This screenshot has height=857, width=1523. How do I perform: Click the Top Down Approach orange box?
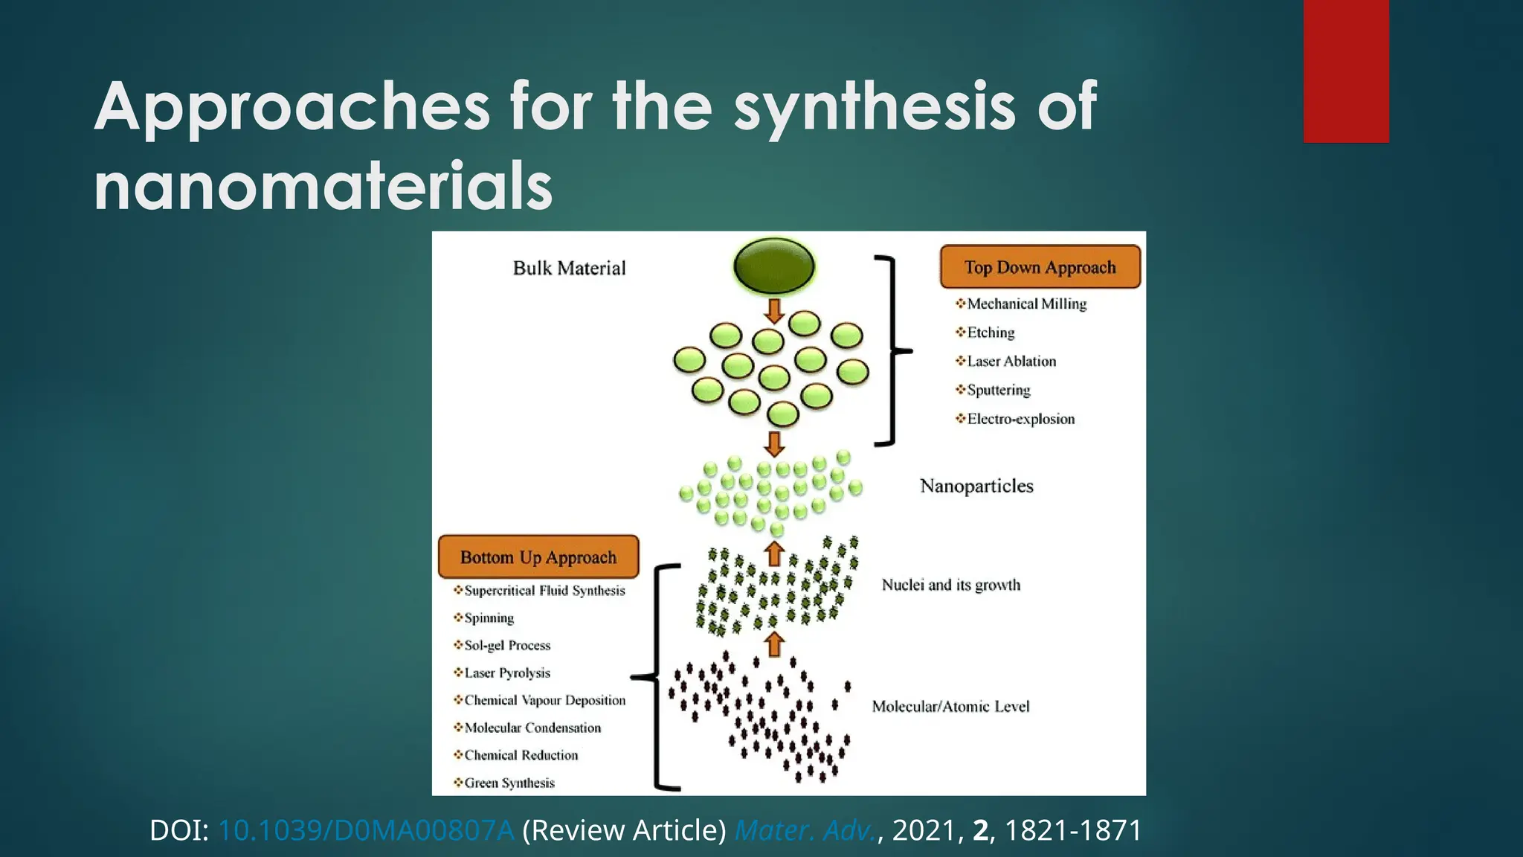tap(1040, 266)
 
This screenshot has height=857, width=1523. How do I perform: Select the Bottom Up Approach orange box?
tap(538, 556)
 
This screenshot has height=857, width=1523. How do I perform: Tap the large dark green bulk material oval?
tap(774, 266)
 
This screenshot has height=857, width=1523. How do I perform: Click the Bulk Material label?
tap(569, 268)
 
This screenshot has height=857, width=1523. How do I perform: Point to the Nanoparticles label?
tap(976, 486)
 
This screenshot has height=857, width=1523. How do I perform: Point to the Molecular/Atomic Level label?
tap(950, 706)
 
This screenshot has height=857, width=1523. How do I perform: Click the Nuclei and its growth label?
tap(950, 585)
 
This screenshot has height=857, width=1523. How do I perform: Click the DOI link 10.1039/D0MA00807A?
tap(366, 830)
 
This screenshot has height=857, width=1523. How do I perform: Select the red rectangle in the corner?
tap(1346, 71)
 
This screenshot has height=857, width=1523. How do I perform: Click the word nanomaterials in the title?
tap(323, 186)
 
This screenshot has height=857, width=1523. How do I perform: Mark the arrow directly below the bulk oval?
tap(774, 310)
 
